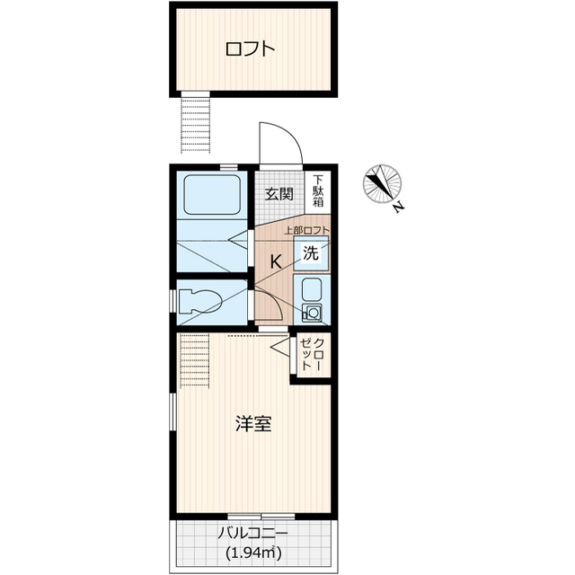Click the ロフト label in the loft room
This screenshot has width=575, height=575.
point(250,49)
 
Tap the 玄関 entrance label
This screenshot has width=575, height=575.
point(279,194)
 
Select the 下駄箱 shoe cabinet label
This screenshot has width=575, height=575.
point(318,190)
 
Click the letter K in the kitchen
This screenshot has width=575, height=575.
point(276,261)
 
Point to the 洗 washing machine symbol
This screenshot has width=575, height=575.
point(311,252)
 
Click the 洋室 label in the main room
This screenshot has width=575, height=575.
point(253,424)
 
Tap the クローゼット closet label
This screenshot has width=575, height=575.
point(312,354)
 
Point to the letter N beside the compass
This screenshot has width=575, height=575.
point(399,208)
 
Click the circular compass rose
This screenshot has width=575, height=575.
point(382,183)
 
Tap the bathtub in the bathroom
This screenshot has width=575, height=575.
point(212,195)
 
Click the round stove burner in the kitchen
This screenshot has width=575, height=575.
point(313,313)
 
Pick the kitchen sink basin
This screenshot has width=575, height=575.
point(312,288)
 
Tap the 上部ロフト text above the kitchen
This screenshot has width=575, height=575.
point(307,230)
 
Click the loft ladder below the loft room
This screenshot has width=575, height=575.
point(196,125)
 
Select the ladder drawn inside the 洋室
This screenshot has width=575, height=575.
point(195,360)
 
